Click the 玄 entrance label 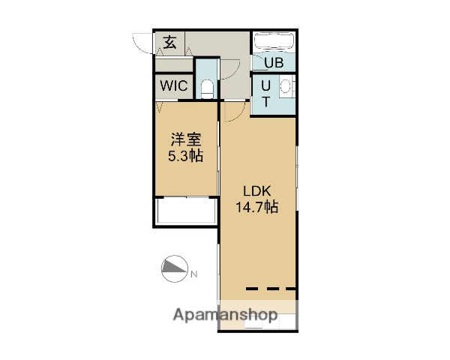(x=170, y=43)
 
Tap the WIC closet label (x=173, y=85)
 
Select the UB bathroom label (x=273, y=63)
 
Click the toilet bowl (x=207, y=89)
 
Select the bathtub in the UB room (x=274, y=42)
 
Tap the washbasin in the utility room (x=286, y=87)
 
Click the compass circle (x=174, y=268)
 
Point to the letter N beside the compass (x=193, y=274)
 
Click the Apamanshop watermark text (x=225, y=313)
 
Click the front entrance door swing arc (x=140, y=43)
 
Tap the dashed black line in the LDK (x=271, y=289)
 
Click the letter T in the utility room (x=265, y=100)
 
